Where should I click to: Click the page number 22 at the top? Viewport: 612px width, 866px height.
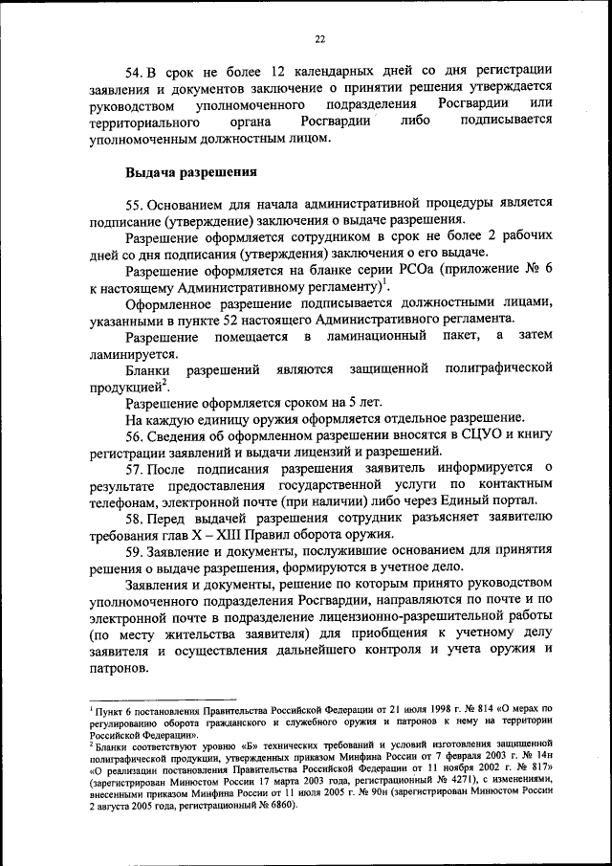coord(319,38)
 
